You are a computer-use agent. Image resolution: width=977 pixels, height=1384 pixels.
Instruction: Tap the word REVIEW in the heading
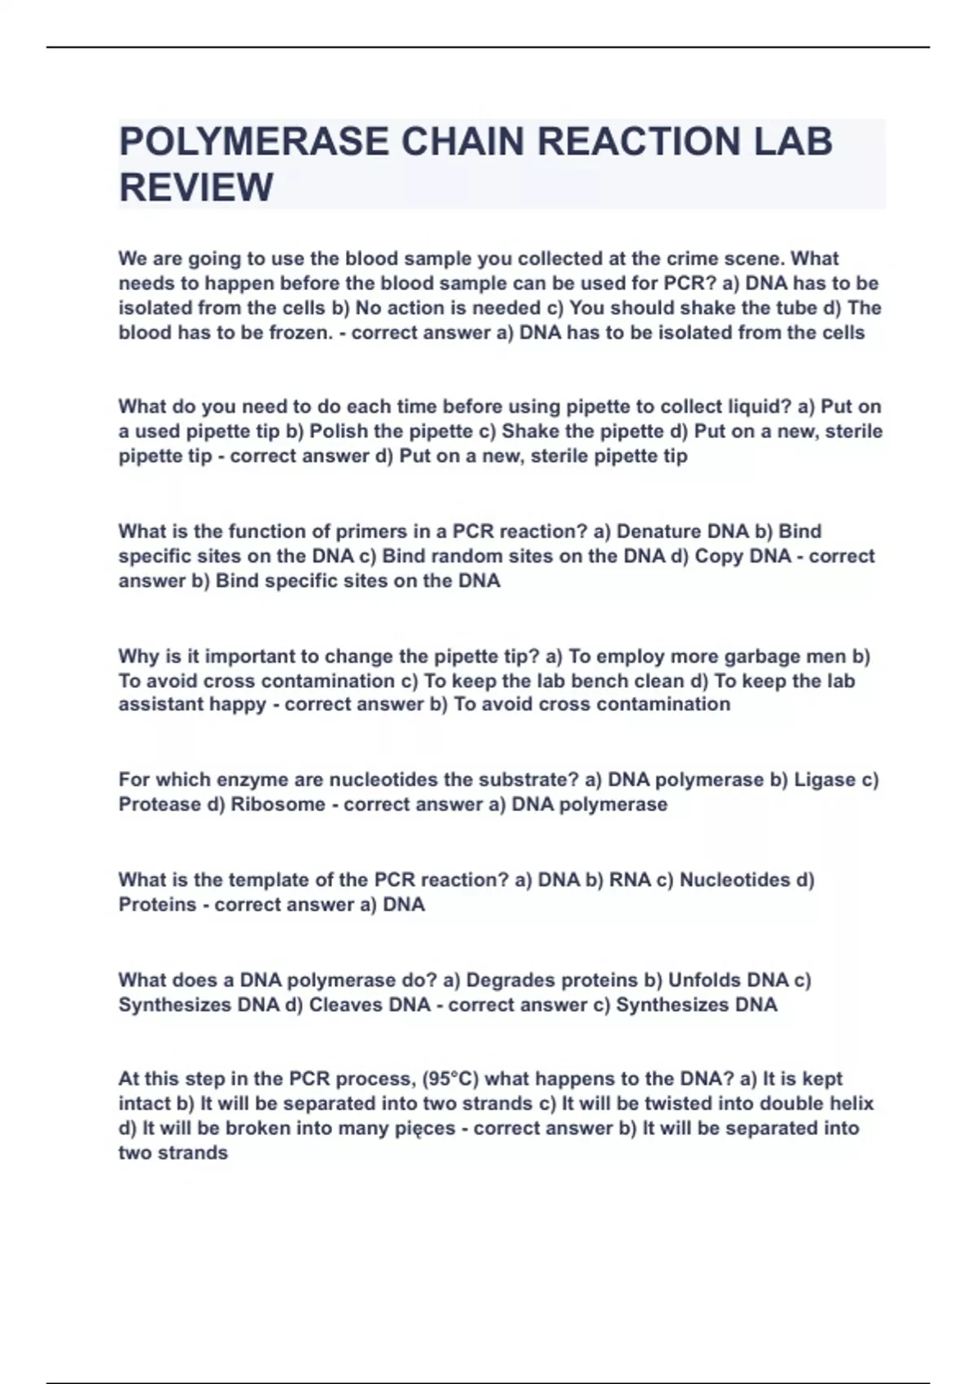[x=196, y=188]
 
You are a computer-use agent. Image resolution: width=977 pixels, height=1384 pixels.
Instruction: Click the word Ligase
[x=825, y=780]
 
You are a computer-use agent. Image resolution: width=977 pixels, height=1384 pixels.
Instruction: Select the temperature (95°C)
[x=450, y=1080]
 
